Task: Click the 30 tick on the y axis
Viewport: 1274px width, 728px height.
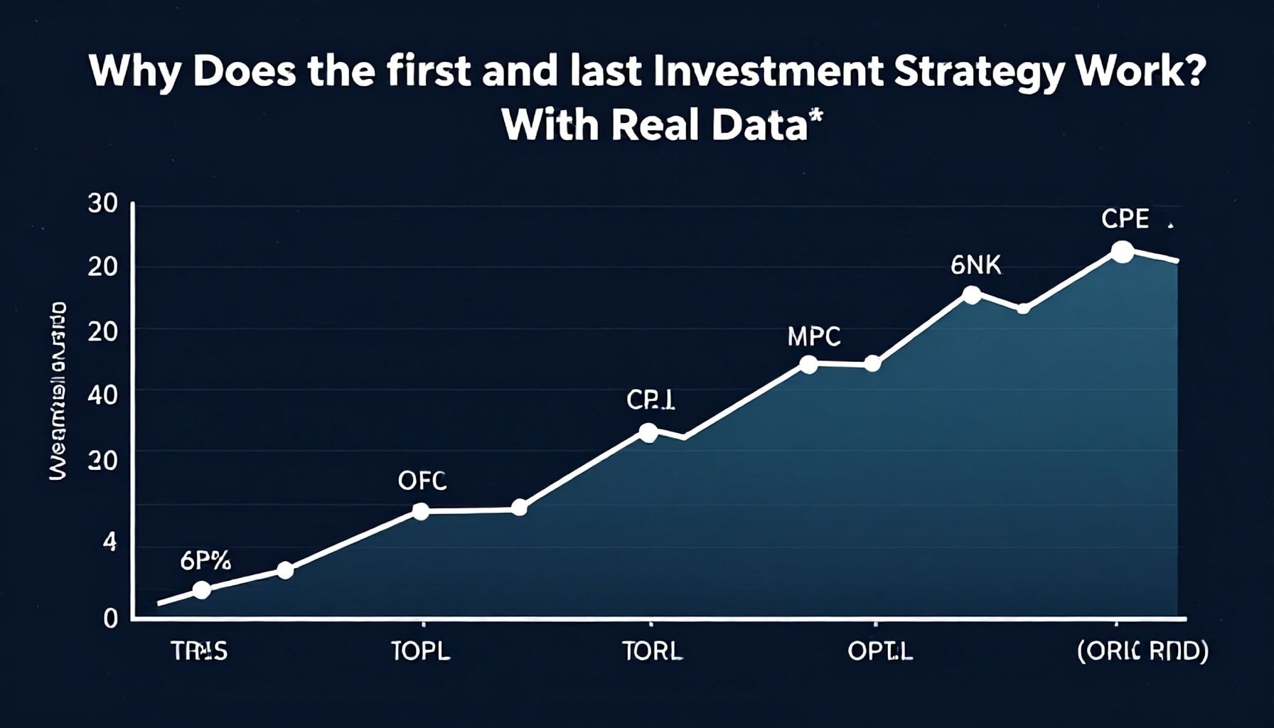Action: click(x=102, y=204)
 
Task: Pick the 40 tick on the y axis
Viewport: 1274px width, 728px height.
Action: click(x=102, y=395)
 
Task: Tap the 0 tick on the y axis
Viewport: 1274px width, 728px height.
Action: click(x=110, y=618)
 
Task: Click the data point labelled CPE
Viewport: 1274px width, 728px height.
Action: click(x=1122, y=252)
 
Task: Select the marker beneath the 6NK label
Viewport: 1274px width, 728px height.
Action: click(x=971, y=295)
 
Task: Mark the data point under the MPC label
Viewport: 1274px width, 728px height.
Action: click(x=808, y=365)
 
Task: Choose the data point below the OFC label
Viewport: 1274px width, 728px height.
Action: click(x=421, y=511)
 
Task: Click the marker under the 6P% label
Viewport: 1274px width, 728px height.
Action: click(x=202, y=590)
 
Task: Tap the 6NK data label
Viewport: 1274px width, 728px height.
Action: click(x=975, y=266)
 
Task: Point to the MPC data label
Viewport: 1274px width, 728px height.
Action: click(x=814, y=336)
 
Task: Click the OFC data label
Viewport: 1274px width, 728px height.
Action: click(x=422, y=481)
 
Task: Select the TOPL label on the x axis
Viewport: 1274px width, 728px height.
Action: click(x=421, y=651)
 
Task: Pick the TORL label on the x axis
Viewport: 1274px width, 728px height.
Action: click(x=651, y=651)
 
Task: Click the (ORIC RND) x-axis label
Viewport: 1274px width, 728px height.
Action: click(x=1142, y=651)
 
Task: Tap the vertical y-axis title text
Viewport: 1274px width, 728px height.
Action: click(x=58, y=390)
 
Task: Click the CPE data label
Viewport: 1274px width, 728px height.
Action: click(x=1125, y=220)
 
